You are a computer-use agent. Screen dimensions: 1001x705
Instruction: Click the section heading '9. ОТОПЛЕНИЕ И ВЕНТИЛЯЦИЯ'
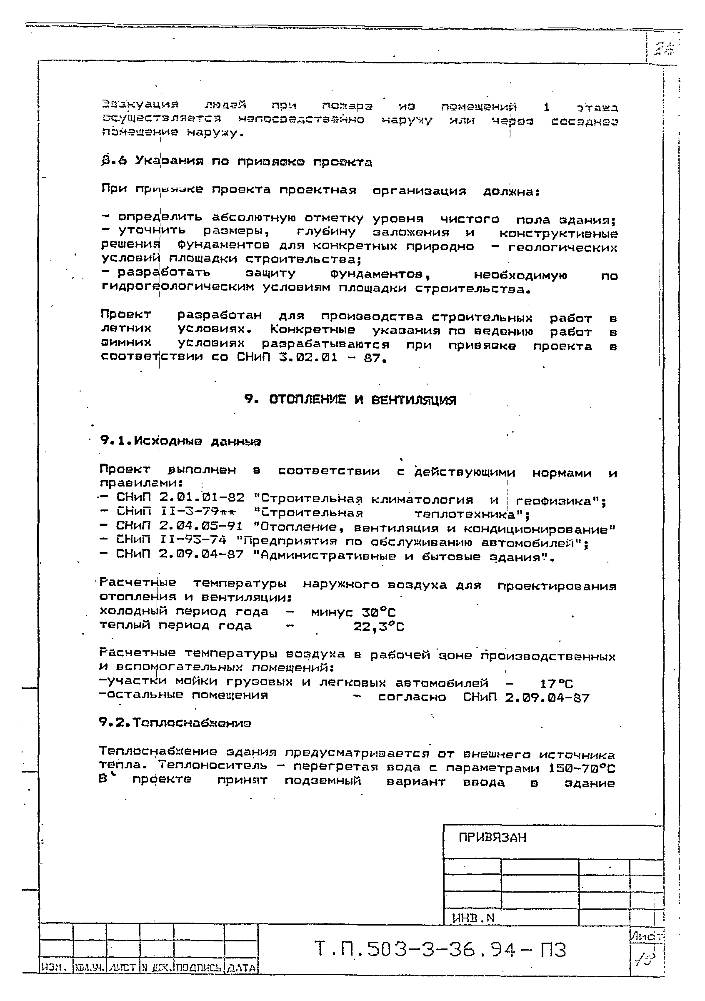click(350, 400)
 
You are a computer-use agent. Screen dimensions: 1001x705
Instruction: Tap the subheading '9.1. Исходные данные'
click(180, 441)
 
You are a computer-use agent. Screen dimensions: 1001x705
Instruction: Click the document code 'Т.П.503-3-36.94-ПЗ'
click(440, 949)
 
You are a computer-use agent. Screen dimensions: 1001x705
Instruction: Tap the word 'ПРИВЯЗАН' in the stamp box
click(492, 837)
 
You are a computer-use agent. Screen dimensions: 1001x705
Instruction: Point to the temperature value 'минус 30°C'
click(353, 612)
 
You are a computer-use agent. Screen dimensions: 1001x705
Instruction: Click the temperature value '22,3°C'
click(379, 627)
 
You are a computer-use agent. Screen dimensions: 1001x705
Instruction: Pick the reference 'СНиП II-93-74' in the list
click(171, 541)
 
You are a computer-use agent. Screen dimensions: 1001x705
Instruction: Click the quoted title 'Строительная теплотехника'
click(390, 513)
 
